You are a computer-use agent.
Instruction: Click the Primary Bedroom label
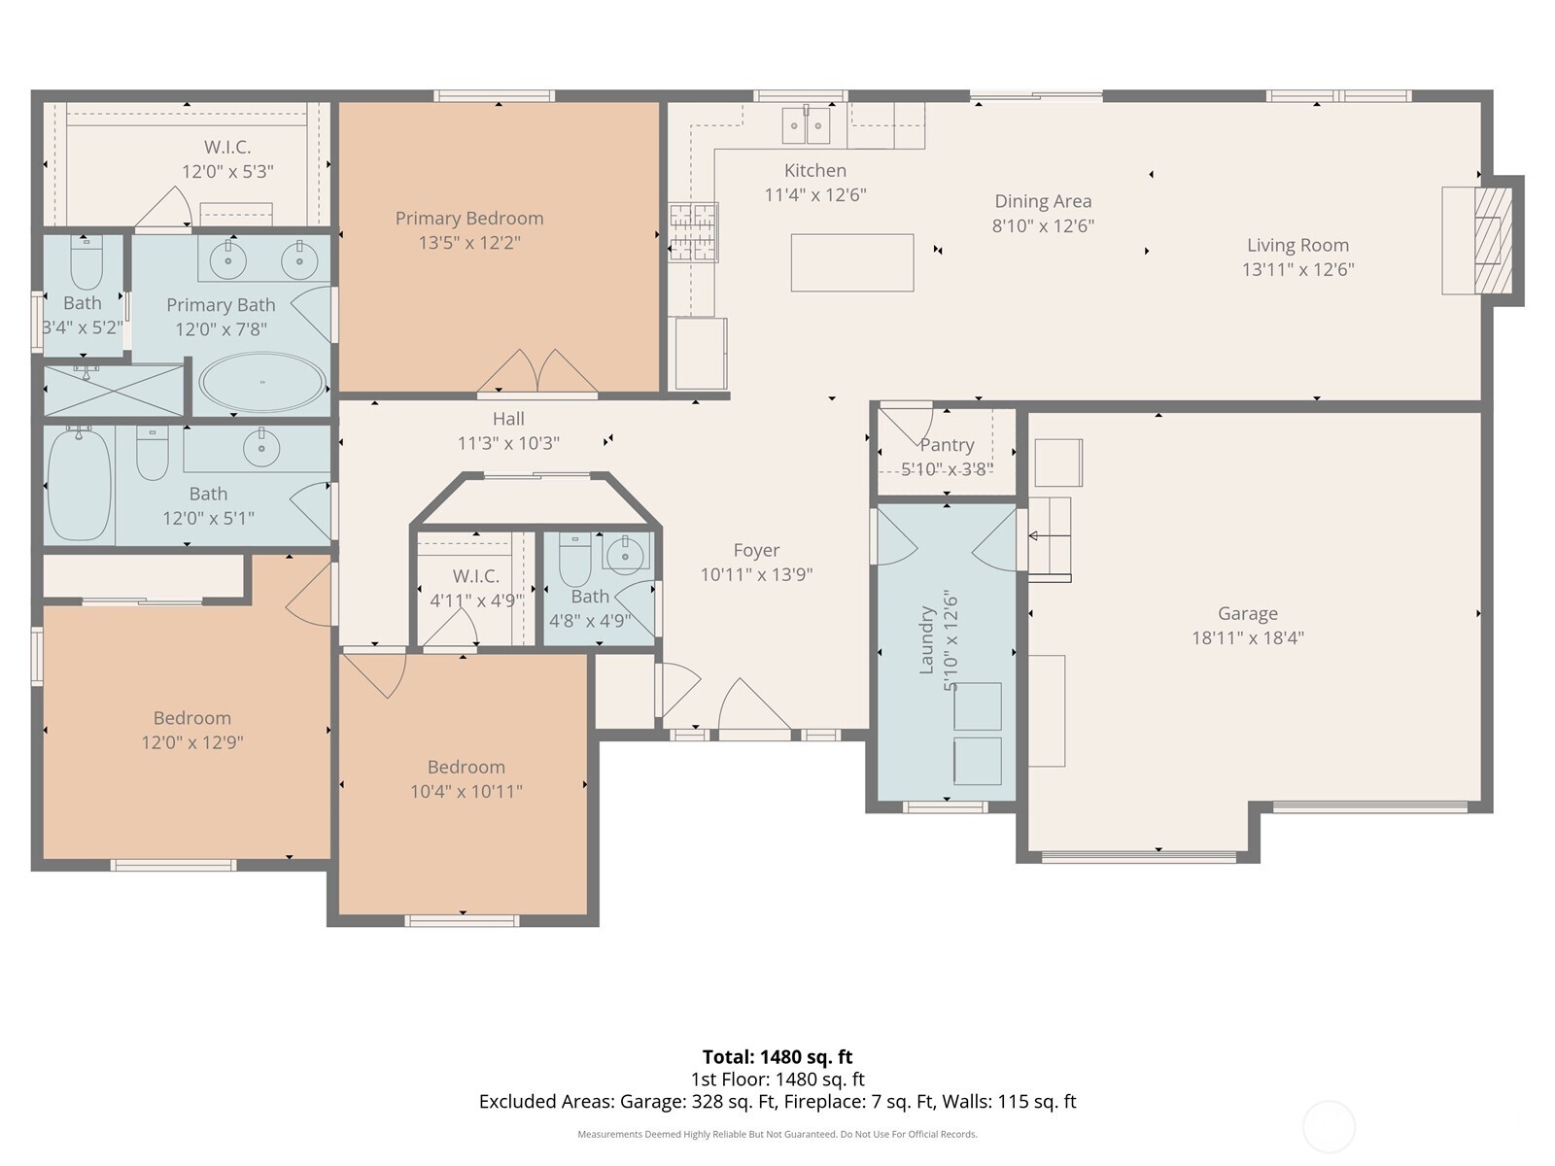468,219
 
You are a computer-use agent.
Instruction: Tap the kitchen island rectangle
851,262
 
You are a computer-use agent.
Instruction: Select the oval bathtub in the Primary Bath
262,382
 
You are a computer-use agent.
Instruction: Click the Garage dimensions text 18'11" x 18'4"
1247,638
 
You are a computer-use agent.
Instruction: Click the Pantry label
947,445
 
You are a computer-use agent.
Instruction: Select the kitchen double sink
806,125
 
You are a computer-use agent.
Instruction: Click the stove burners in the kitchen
693,233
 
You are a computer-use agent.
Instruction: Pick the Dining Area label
1042,201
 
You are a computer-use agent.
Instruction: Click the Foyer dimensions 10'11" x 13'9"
756,574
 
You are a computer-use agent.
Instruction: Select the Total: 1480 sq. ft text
777,1057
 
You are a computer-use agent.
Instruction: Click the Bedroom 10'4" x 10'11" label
466,768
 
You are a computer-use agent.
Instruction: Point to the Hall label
507,419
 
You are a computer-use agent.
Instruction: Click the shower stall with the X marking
114,391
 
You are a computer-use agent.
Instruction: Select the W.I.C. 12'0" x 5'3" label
227,148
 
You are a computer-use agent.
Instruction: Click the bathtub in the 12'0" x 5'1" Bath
79,484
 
